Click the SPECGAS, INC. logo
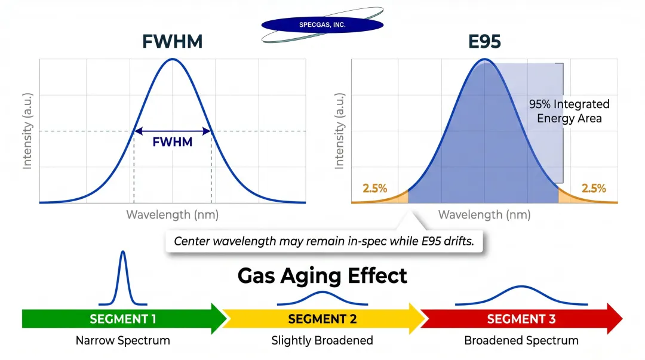tap(322, 24)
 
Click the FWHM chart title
tap(173, 42)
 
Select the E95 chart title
tap(484, 42)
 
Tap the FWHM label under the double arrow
tap(173, 143)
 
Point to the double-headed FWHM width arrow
tap(173, 131)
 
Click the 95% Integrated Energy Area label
tap(569, 111)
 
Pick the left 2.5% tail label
tap(374, 189)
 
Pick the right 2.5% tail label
tap(594, 189)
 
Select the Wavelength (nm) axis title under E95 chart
tap(484, 215)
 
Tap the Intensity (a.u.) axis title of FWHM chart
tap(27, 131)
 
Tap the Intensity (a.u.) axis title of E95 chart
tap(339, 131)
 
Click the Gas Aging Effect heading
tap(322, 276)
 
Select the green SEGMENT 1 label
tap(123, 319)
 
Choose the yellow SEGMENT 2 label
tap(322, 319)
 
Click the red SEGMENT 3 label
tap(521, 319)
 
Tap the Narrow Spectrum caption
tap(123, 341)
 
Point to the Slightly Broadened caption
tap(322, 341)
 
